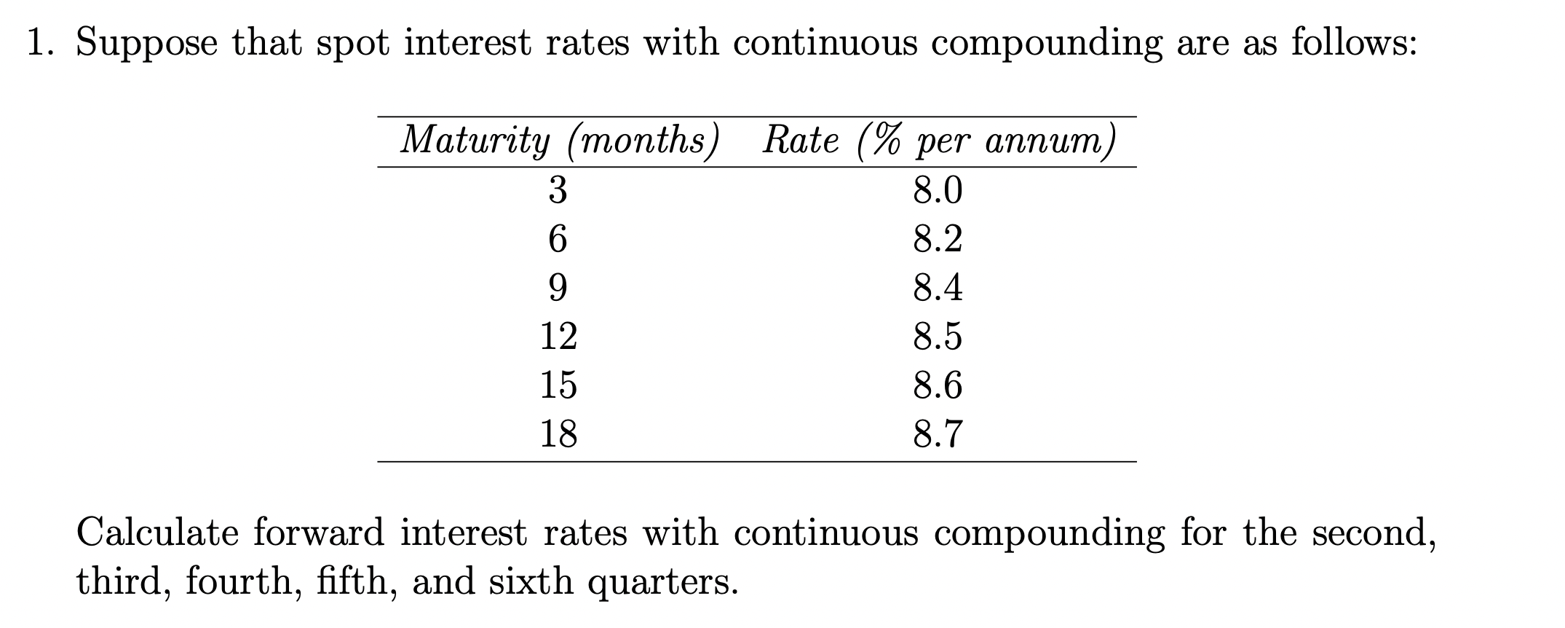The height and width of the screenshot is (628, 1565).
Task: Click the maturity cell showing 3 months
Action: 557,190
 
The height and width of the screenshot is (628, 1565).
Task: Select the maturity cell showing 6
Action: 557,239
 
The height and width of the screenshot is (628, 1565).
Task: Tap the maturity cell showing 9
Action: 557,288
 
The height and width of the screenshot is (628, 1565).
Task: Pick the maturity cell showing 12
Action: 558,336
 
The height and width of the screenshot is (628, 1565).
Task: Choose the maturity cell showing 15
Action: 558,384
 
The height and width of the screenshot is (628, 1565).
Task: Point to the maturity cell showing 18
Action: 558,433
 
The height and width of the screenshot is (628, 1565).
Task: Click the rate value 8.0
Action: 938,190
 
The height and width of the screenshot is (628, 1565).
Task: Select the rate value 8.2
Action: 938,239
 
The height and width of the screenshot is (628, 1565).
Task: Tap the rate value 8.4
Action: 938,288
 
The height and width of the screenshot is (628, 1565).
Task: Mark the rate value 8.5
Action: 938,336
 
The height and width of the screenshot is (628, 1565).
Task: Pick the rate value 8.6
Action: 938,384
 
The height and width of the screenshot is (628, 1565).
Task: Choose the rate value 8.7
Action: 938,433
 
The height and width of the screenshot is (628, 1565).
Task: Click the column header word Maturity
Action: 475,140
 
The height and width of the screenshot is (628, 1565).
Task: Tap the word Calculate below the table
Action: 157,532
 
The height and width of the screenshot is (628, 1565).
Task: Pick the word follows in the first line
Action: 1353,43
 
